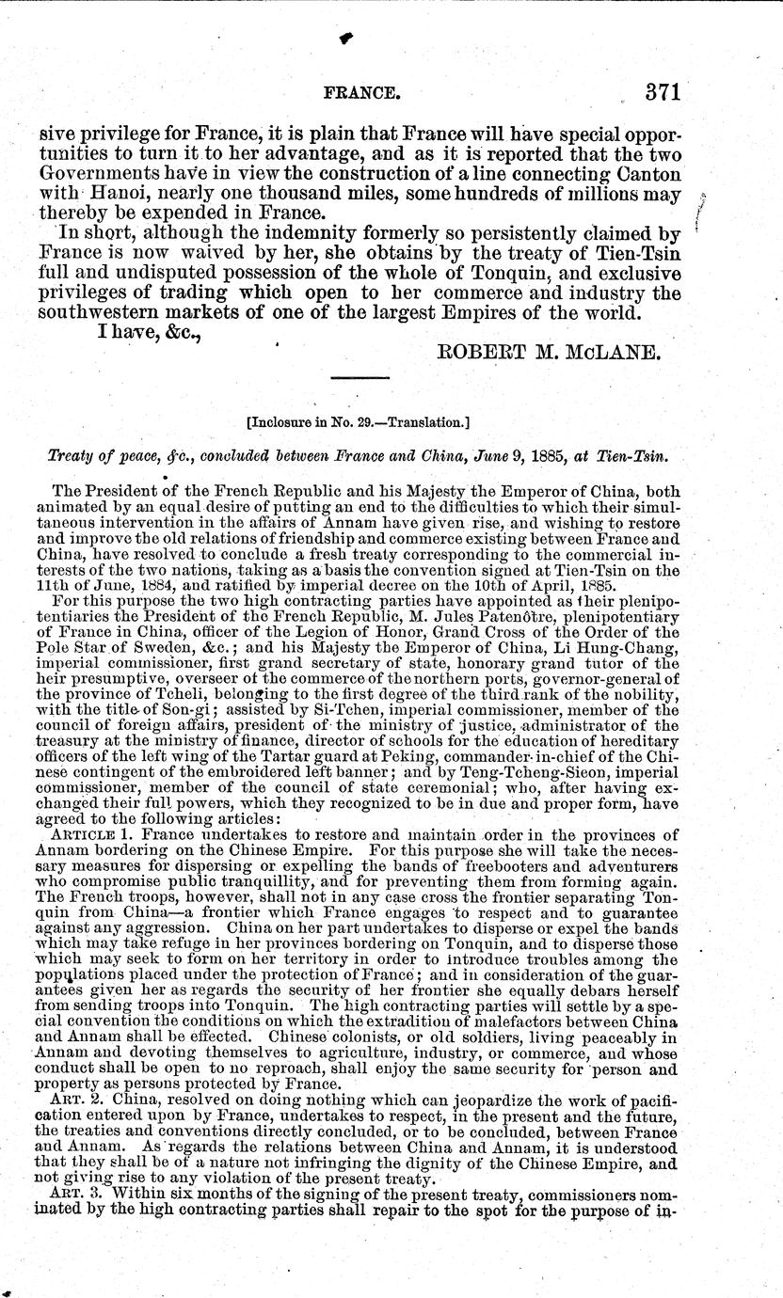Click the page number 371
click(662, 93)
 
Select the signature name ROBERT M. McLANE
click(560, 354)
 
